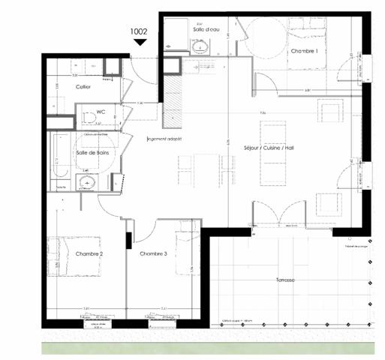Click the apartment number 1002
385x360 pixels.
(140, 31)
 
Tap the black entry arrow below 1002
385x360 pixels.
(140, 43)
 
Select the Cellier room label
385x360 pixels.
(83, 87)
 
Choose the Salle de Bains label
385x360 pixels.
(92, 153)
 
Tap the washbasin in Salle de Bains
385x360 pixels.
(89, 181)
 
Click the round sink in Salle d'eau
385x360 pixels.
(200, 47)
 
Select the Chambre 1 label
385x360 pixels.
(305, 50)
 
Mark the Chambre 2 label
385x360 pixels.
(89, 255)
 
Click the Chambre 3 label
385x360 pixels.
(153, 255)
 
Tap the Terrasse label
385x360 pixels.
(285, 280)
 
